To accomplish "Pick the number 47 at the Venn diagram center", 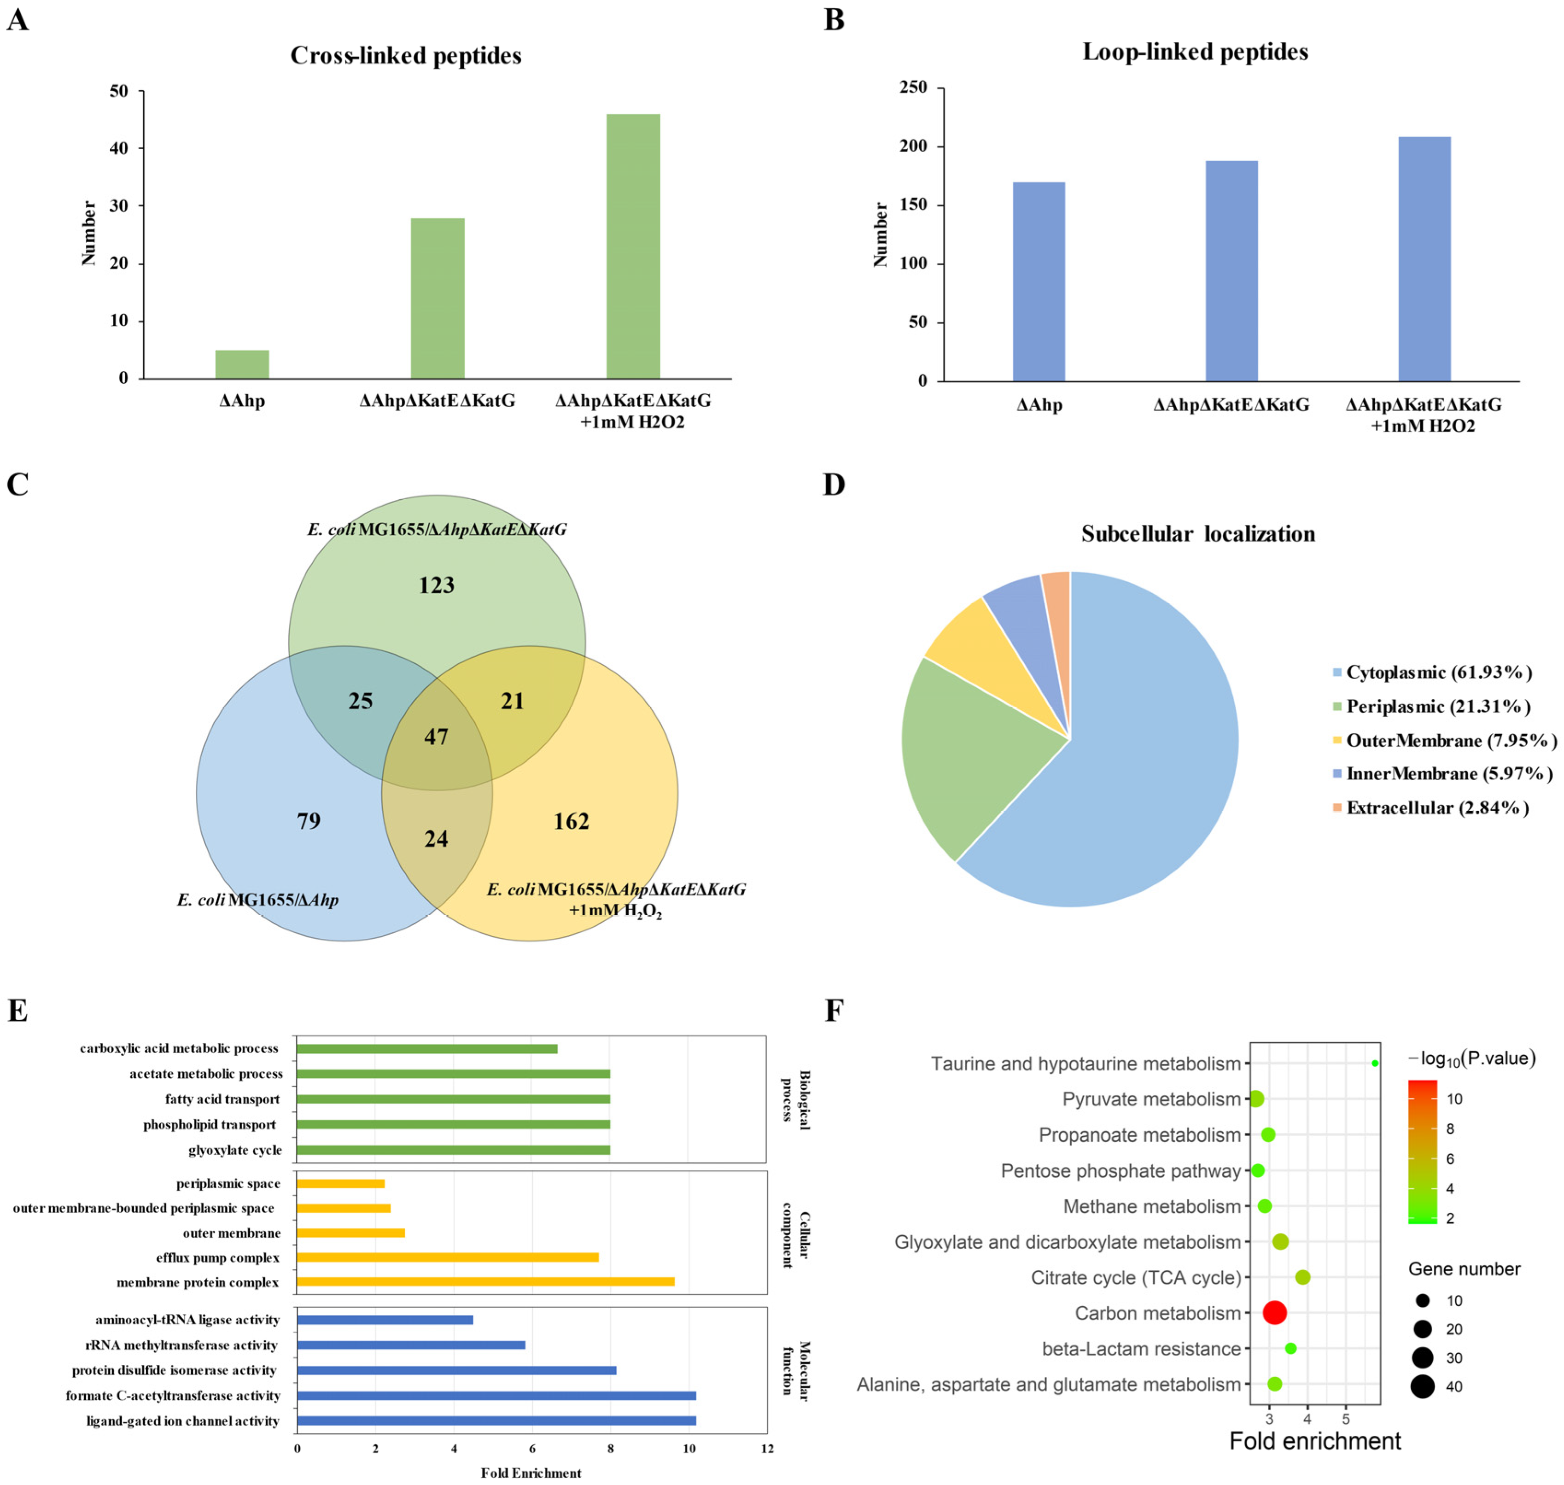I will coord(436,737).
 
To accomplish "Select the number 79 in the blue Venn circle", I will coord(309,821).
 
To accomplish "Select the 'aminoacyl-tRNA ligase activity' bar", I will coord(385,1320).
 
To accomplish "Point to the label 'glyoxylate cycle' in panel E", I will coord(234,1150).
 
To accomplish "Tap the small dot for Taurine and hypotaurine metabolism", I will coord(1374,1063).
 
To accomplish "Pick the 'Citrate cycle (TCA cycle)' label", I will coord(1135,1277).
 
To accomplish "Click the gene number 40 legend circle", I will coord(1422,1386).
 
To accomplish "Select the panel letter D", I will coord(834,485).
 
